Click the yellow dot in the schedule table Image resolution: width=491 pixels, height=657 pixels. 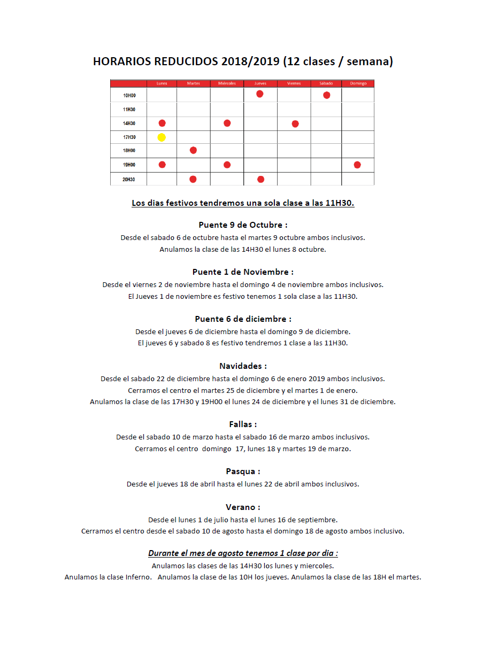[162, 137]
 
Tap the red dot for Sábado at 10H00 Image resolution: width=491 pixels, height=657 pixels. [327, 95]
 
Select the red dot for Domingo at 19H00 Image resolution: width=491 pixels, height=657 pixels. [357, 165]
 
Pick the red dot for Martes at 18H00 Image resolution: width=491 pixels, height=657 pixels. [193, 150]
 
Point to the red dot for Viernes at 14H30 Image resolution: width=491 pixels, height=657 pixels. [295, 124]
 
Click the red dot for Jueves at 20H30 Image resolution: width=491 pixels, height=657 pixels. [260, 179]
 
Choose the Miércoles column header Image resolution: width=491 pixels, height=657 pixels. [227, 83]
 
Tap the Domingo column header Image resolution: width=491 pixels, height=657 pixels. [358, 83]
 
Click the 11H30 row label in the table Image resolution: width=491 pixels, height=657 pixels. [129, 110]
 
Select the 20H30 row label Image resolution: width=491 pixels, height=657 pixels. [129, 180]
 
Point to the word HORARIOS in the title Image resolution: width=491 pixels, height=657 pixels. [122, 61]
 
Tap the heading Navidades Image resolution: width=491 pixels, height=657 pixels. [243, 366]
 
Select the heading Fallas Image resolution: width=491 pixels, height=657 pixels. [243, 424]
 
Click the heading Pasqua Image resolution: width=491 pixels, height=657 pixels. [243, 472]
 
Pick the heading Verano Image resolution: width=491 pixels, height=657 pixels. [243, 507]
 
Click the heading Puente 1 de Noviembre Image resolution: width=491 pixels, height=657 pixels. [243, 272]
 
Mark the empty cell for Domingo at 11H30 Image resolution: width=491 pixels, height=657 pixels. [358, 110]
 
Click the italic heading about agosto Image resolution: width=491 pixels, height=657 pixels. [243, 553]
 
